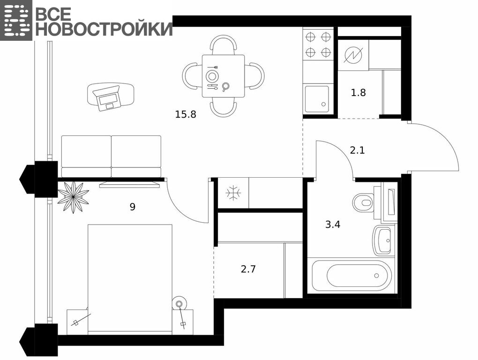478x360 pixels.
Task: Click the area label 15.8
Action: pyautogui.click(x=186, y=114)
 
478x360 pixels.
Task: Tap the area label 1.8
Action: pyautogui.click(x=358, y=92)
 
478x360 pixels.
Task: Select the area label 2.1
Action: pyautogui.click(x=357, y=150)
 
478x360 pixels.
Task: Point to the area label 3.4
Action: pyautogui.click(x=333, y=225)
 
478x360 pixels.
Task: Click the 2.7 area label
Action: pyautogui.click(x=248, y=269)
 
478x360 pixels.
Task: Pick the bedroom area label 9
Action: pyautogui.click(x=132, y=207)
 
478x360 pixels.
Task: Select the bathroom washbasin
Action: pyautogui.click(x=381, y=240)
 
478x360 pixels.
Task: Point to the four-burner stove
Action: pyautogui.click(x=318, y=44)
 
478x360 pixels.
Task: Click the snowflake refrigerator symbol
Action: pyautogui.click(x=233, y=193)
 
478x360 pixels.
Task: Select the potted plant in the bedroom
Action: pyautogui.click(x=73, y=197)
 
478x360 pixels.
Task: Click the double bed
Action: pyautogui.click(x=130, y=278)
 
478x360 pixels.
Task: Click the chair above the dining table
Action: pyautogui.click(x=224, y=45)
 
